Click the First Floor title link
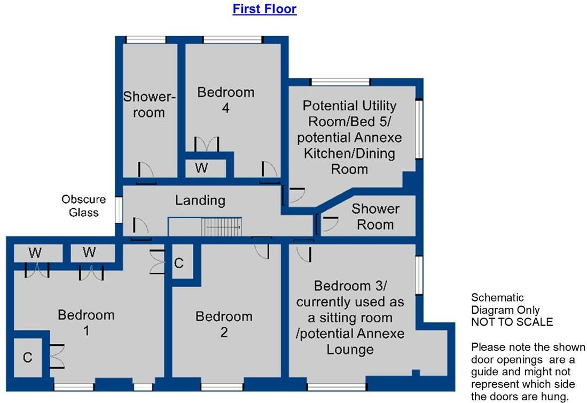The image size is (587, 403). pos(264,9)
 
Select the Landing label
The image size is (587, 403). pos(200,201)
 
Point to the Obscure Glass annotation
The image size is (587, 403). pos(83,206)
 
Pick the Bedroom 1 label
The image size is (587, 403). pos(86,322)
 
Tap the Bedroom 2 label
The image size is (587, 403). pos(223,324)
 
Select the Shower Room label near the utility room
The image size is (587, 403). pos(375,216)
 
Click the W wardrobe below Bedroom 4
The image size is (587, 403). pos(201,168)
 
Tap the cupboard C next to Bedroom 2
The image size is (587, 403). pos(179,263)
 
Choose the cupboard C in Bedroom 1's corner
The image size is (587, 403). pos(28,357)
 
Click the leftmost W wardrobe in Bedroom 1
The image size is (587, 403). pos(35,252)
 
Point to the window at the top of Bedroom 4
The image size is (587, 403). pos(233,39)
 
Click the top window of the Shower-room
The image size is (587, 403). pos(146,39)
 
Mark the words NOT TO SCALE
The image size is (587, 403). pos(512,322)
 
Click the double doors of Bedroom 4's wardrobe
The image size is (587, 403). pos(207,144)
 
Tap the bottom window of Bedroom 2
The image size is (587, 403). pos(221,386)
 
